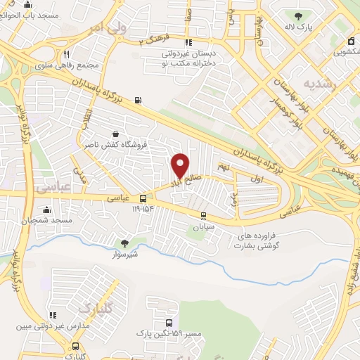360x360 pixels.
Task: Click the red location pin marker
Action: pos(181,165)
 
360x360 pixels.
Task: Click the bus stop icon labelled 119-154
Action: pos(143,199)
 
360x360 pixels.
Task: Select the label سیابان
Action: pos(204,228)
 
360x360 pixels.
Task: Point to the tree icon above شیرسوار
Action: pos(125,243)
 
